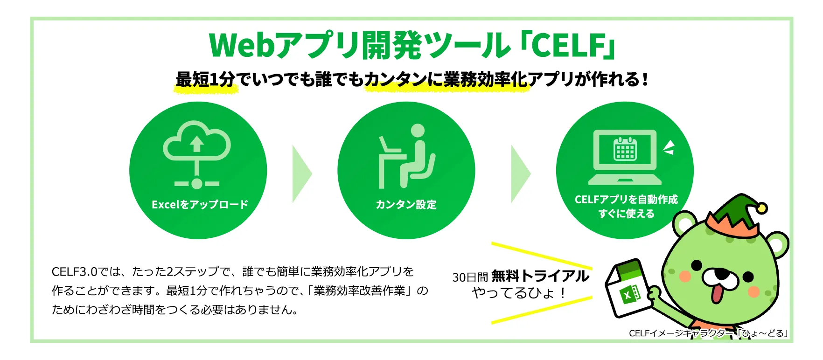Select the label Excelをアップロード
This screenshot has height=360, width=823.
200,204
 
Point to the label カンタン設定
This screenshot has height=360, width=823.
406,204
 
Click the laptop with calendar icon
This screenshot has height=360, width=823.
625,156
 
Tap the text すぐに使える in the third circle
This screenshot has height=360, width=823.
626,214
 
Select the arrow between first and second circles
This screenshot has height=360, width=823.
301,173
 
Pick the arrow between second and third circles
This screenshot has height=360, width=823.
520,173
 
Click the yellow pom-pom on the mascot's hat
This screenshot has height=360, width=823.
761,208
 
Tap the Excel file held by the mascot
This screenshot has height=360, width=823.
627,289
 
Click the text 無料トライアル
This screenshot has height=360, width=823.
540,276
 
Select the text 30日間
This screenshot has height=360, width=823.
470,277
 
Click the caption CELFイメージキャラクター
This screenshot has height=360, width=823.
681,333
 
